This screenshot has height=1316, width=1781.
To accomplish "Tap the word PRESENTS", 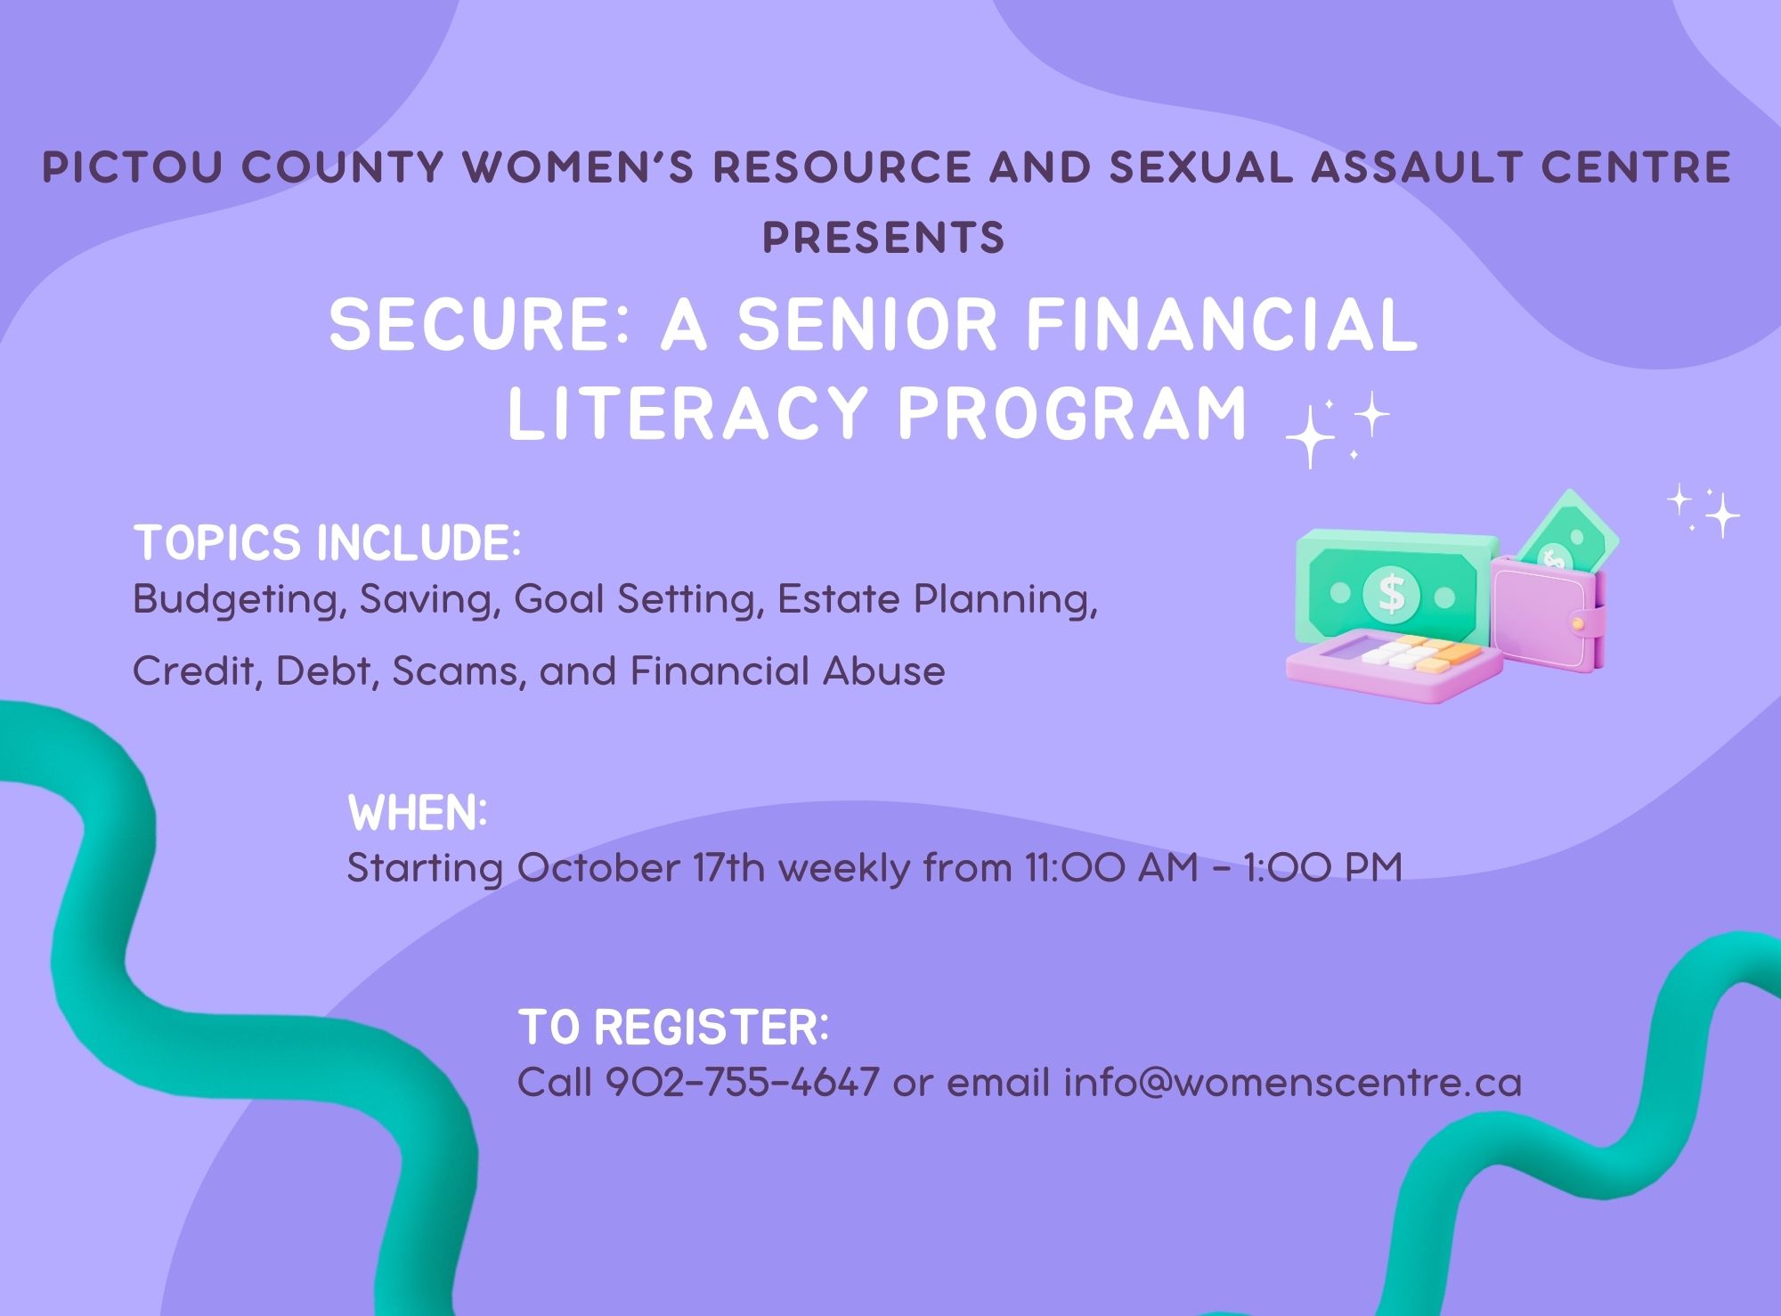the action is (884, 238).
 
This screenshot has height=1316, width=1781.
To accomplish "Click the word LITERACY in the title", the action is (687, 413).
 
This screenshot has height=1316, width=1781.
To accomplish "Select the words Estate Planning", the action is (937, 600).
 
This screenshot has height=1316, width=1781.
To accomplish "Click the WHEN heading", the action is (418, 813).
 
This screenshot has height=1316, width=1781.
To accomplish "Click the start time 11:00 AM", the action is (1112, 867).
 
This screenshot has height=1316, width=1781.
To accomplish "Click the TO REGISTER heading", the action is (673, 1028).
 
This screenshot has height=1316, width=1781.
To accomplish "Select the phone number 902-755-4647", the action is (743, 1083).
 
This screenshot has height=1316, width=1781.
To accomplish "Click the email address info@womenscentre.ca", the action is (1293, 1083).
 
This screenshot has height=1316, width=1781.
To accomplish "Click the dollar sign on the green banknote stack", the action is (1391, 593).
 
